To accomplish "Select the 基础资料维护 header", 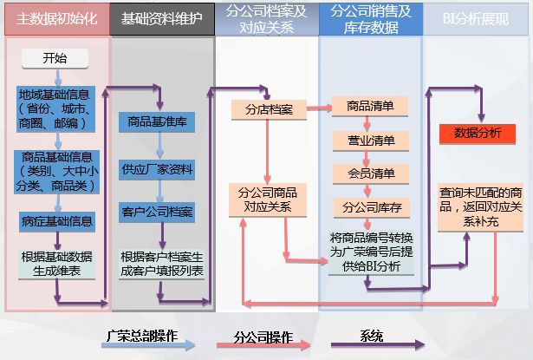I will point(162,18).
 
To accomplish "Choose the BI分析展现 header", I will point(476,18).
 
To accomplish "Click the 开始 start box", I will point(54,58).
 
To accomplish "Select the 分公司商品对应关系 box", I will point(266,200).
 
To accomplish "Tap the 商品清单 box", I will point(370,107).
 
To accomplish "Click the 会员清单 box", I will point(370,174).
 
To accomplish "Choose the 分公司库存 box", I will point(370,208).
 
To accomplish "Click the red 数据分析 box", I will point(478,133).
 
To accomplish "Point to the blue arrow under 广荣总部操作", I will point(139,345).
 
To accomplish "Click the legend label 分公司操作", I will point(263,335).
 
